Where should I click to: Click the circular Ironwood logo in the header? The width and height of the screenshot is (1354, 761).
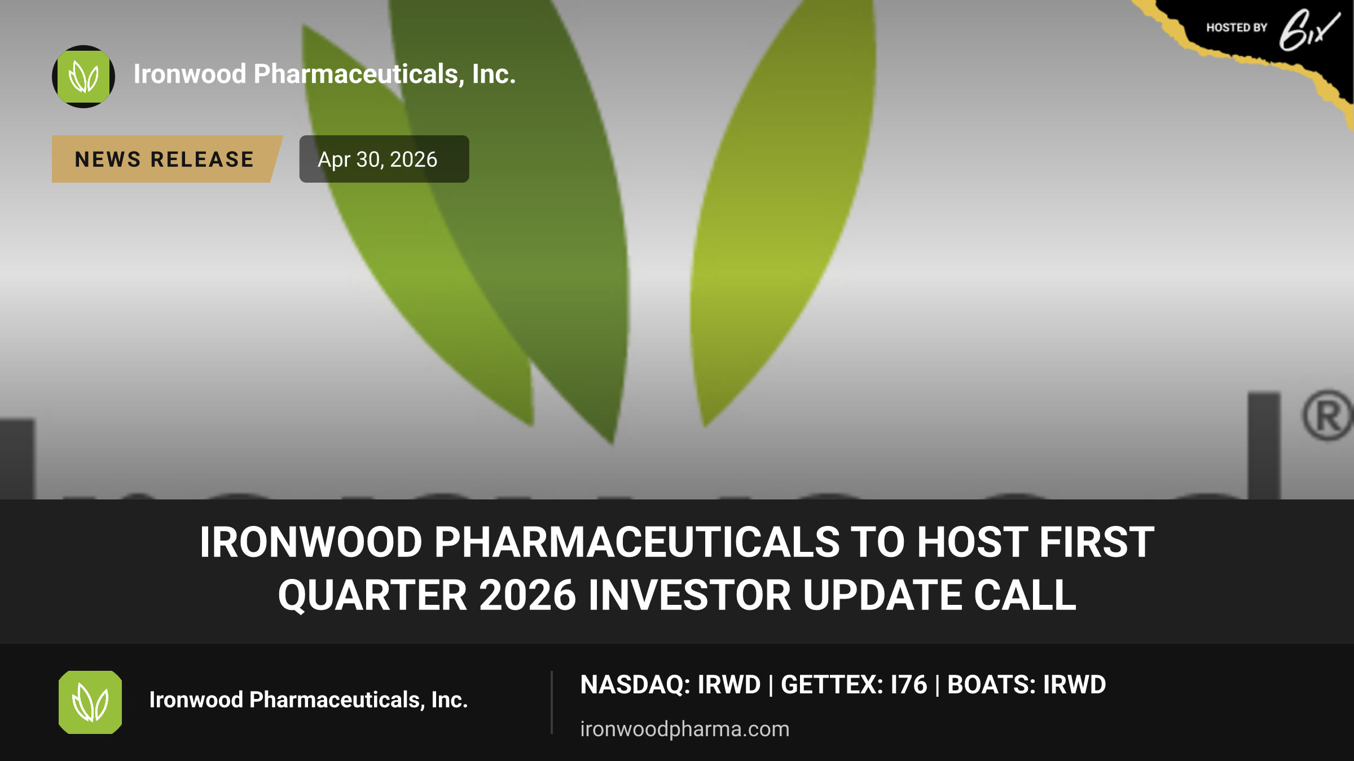coord(83,77)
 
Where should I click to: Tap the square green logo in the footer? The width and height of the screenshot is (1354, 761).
coord(90,702)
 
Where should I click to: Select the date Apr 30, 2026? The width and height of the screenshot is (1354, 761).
coord(377,160)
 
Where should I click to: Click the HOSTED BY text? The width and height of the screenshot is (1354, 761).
coord(1237,28)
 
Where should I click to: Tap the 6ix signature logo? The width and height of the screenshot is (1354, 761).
coord(1309,30)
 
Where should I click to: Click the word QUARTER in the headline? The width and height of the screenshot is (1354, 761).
coord(372,595)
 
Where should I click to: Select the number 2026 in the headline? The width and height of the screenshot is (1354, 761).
coord(527,595)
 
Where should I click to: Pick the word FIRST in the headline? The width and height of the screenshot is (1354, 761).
coord(1097,542)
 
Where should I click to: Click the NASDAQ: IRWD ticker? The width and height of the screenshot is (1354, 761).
coord(670,685)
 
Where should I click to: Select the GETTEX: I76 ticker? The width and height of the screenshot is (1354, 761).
coord(854,685)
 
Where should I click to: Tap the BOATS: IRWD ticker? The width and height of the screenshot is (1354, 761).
coord(1026,685)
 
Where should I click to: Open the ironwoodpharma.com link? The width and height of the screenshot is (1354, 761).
coord(685,729)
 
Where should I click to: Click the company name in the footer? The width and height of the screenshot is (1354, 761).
coord(309,700)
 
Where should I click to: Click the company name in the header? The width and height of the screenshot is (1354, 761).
coord(324,74)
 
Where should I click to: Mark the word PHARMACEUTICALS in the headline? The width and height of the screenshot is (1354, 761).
coord(637,542)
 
